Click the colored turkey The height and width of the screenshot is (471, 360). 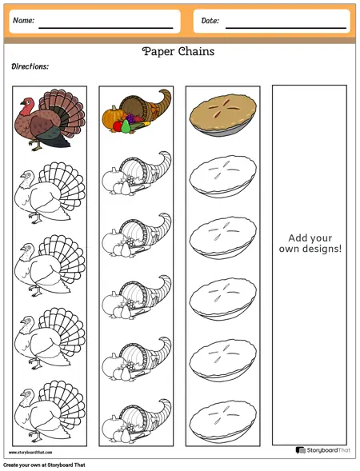50,120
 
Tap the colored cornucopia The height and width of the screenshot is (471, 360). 137,111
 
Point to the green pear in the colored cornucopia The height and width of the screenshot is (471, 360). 126,126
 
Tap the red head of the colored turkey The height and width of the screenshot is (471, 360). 26,105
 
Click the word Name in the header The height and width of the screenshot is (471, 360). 23,21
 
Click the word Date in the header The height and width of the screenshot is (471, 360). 210,21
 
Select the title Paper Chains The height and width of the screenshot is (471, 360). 178,52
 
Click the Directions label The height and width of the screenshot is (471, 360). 30,66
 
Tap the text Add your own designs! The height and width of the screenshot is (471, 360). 310,243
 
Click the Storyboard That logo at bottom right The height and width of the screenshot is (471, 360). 322,450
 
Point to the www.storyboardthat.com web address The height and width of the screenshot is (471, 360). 30,453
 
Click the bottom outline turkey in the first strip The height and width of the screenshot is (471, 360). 50,411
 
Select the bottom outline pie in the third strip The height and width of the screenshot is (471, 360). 222,421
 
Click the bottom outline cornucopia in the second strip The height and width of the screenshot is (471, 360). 137,421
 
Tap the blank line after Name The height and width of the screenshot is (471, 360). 106,28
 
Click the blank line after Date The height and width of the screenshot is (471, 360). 286,28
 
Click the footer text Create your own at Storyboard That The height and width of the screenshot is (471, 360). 44,465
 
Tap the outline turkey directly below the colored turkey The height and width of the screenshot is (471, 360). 50,193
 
